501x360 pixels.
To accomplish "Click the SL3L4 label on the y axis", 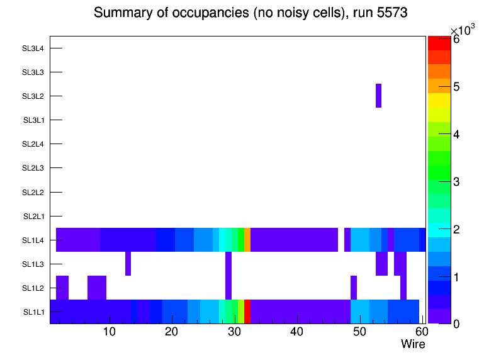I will click(x=33, y=48).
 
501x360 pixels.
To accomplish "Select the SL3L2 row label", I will click(x=33, y=96).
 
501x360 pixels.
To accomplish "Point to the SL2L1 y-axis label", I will click(x=33, y=217).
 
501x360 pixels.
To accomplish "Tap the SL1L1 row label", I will click(x=33, y=312).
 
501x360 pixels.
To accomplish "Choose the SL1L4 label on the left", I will click(x=33, y=240).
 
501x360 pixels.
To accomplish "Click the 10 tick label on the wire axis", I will click(x=109, y=332).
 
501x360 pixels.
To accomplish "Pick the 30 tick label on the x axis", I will click(x=234, y=332).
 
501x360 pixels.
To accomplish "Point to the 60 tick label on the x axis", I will click(x=420, y=332).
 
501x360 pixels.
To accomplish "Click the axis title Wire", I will click(x=413, y=344).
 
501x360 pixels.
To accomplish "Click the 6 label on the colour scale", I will click(x=456, y=39).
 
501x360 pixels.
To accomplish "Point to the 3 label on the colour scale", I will click(x=456, y=182).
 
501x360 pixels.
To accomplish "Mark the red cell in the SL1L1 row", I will click(x=247, y=312).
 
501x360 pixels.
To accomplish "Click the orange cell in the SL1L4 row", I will click(x=247, y=240).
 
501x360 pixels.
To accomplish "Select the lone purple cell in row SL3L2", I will click(x=378, y=96).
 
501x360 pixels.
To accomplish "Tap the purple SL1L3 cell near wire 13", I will click(x=128, y=264).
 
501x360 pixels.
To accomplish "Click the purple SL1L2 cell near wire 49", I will click(x=354, y=288).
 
